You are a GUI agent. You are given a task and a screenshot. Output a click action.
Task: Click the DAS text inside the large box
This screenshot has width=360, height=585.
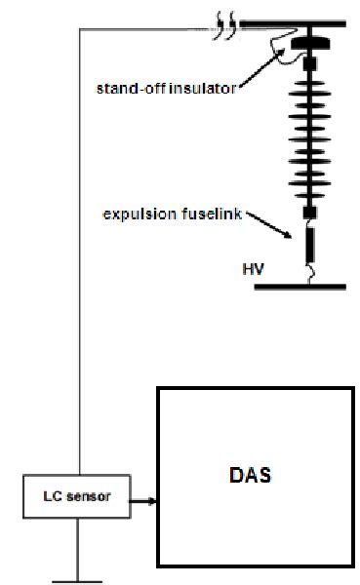click(x=253, y=477)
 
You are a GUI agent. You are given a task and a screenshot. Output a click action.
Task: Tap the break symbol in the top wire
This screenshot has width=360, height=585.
click(x=225, y=23)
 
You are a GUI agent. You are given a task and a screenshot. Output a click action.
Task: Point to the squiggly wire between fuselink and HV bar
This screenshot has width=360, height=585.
click(x=310, y=275)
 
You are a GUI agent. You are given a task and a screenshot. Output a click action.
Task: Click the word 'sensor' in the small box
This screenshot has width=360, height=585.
click(x=93, y=497)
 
